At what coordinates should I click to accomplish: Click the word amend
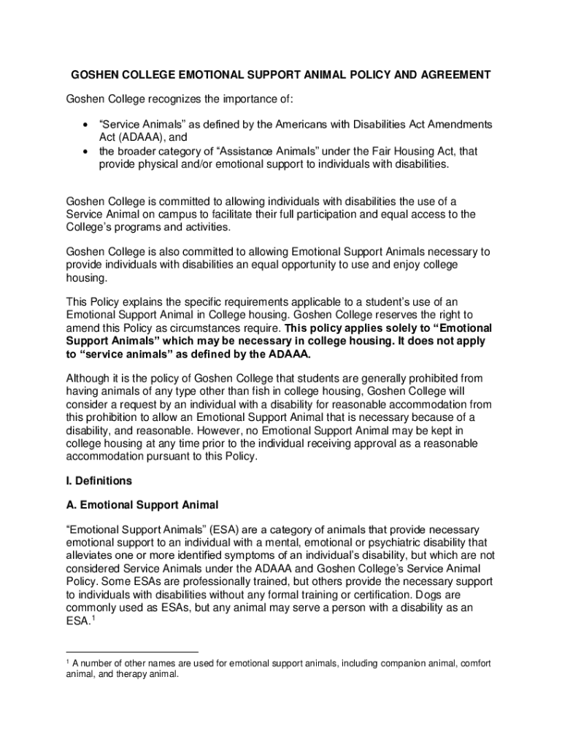click(x=82, y=328)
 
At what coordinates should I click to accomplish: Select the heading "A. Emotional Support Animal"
click(x=142, y=504)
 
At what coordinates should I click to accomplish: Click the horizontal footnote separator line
click(x=132, y=651)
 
